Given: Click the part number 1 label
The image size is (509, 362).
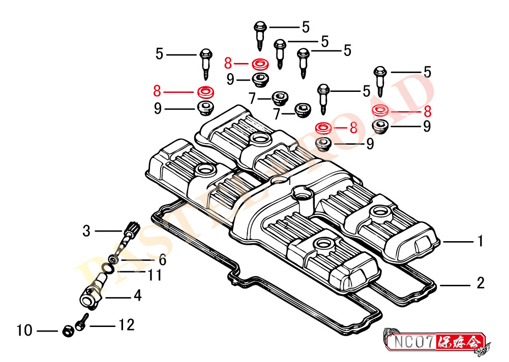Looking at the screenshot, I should tap(480, 241).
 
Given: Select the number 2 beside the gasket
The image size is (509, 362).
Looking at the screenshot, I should tap(481, 283).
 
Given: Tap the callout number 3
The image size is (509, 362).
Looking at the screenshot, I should tap(86, 231).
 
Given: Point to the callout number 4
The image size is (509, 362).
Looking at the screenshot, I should tap(137, 295).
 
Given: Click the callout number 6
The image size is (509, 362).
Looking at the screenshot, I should tap(162, 260).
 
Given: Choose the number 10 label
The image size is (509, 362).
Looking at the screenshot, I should tap(24, 331).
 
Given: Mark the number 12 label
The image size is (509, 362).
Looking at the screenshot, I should tap(127, 324).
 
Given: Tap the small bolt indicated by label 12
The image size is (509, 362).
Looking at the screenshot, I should tap(80, 323).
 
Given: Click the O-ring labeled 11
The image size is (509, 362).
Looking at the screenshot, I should tap(106, 268).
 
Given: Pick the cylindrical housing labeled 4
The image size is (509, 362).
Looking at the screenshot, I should tap(92, 293).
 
